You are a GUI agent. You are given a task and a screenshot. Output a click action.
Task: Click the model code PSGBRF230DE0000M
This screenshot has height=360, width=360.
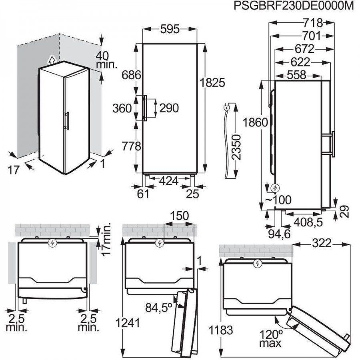click(x=294, y=6)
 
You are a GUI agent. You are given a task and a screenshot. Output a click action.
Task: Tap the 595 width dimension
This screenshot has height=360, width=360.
click(x=170, y=29)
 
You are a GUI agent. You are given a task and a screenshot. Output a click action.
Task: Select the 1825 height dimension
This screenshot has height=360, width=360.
click(x=212, y=83)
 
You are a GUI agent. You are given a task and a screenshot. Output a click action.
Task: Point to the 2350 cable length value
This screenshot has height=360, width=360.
click(x=236, y=147)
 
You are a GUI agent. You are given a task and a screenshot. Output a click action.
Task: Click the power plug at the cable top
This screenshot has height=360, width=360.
click(x=227, y=108)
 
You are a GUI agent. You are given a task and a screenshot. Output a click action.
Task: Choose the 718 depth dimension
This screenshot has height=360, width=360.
click(x=313, y=23)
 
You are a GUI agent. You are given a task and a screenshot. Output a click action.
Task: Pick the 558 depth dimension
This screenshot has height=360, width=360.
click(x=297, y=75)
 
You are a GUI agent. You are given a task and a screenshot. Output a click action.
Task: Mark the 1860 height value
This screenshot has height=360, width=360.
click(x=255, y=122)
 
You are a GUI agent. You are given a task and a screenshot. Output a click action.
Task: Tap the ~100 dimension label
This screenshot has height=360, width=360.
click(x=278, y=200)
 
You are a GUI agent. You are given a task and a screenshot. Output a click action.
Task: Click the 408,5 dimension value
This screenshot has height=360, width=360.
click(x=308, y=222)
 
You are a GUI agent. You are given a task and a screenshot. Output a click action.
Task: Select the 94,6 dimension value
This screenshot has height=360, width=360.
click(x=280, y=234)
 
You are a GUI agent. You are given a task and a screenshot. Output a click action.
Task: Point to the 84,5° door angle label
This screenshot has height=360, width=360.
click(x=159, y=308)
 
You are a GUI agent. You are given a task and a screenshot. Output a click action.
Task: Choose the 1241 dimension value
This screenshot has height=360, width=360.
click(x=128, y=323)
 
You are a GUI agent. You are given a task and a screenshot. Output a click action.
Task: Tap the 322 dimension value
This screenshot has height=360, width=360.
click(x=322, y=243)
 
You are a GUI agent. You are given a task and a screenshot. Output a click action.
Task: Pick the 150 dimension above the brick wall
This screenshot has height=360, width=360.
click(x=179, y=216)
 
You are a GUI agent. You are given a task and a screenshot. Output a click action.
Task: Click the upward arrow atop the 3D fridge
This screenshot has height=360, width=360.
click(x=52, y=60)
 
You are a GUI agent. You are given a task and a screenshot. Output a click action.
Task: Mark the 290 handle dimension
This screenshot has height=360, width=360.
click(x=169, y=108)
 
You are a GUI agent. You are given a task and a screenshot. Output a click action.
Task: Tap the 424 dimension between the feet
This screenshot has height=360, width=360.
click(x=169, y=181)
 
